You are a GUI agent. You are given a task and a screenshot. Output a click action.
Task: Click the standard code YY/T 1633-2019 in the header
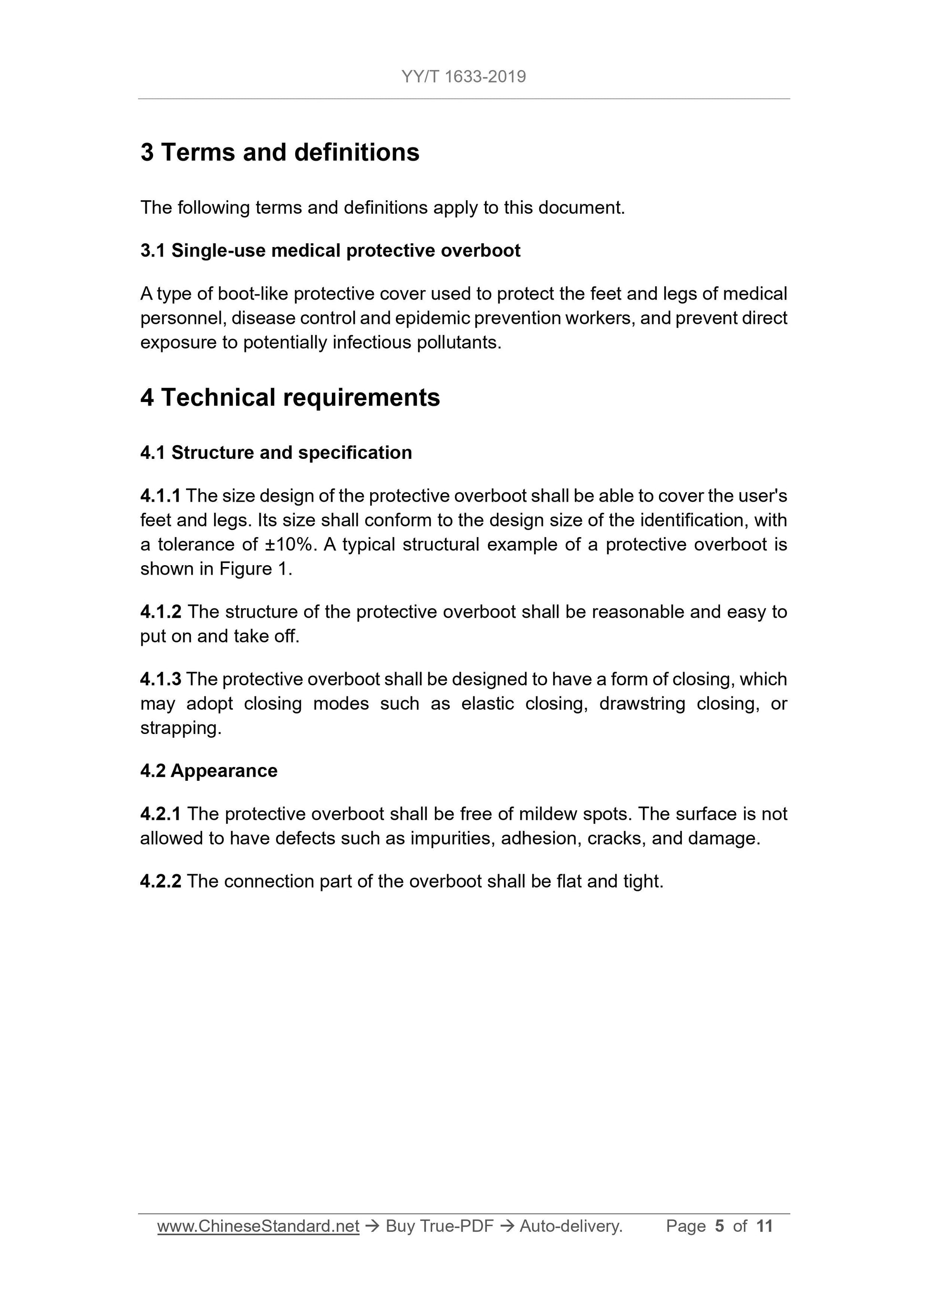(463, 77)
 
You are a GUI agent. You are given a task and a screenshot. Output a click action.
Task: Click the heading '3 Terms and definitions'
(279, 153)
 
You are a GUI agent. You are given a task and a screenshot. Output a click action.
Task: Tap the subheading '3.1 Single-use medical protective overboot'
(330, 250)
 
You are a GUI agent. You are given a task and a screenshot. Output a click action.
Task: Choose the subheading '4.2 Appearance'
(209, 771)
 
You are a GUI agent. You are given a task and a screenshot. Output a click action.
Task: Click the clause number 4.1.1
(160, 496)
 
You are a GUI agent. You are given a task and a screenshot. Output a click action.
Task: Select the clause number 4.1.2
(161, 612)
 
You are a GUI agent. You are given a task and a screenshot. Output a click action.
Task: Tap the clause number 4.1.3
(161, 679)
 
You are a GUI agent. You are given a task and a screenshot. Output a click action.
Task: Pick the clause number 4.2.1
(161, 814)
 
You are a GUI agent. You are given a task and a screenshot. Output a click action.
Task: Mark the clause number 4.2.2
(161, 881)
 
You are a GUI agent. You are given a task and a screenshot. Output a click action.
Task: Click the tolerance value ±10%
(289, 544)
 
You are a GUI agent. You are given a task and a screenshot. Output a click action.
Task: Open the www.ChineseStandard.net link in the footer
(258, 1226)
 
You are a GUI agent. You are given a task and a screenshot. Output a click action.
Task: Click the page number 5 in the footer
(719, 1226)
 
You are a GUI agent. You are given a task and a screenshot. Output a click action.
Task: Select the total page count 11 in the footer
(764, 1226)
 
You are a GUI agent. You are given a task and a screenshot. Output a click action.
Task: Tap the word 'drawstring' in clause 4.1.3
(641, 703)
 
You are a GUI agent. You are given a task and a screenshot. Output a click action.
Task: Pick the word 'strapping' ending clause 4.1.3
(179, 729)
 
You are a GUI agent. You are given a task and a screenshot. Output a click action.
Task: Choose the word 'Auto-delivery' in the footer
(569, 1226)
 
